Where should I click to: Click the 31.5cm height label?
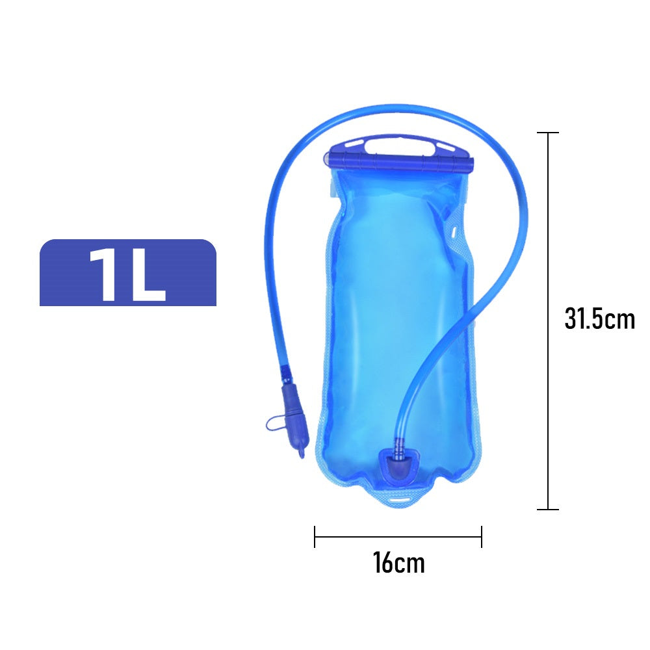click(599, 318)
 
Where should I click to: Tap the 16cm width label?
click(399, 562)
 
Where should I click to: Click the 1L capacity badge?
click(127, 272)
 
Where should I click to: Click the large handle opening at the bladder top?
click(400, 146)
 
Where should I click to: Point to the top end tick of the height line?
click(547, 133)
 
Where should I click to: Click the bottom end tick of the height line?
click(547, 509)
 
